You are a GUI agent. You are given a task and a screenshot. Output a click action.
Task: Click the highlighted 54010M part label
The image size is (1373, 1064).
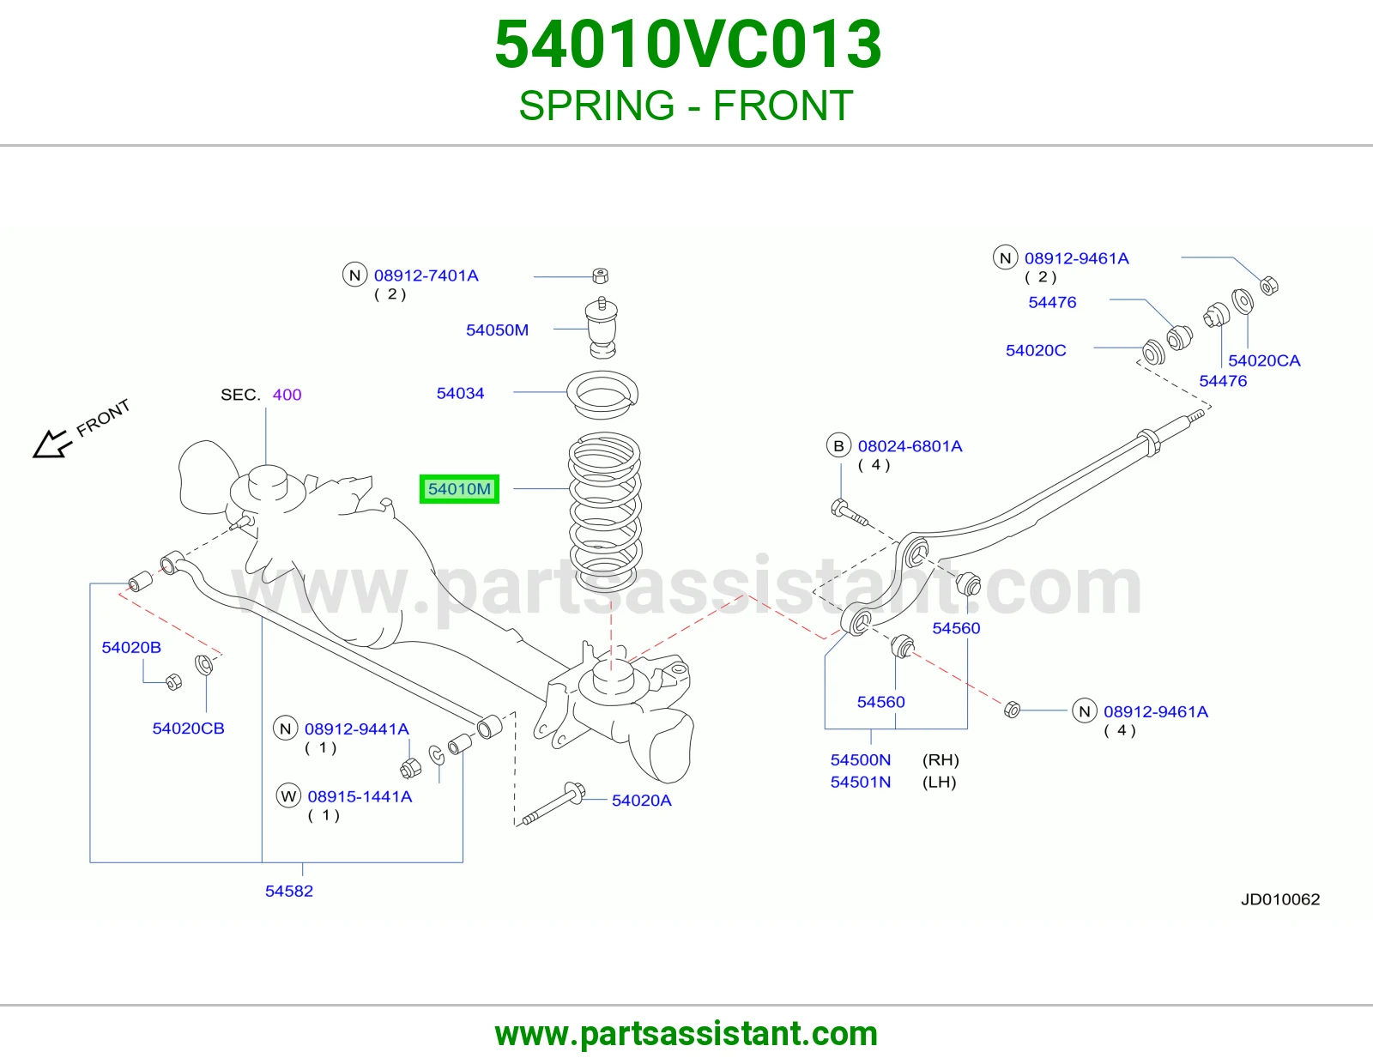tap(459, 489)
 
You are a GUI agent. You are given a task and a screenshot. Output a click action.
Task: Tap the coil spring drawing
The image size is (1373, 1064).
tap(605, 511)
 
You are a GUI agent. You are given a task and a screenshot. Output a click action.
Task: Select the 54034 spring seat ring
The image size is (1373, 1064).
tap(602, 394)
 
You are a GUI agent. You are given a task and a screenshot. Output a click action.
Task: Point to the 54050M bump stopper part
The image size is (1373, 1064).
tap(602, 328)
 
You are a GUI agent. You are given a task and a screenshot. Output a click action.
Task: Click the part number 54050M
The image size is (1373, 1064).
tap(497, 329)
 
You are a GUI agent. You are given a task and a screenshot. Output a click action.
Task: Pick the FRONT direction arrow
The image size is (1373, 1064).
tap(51, 444)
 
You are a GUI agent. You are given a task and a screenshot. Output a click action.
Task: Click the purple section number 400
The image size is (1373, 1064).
tap(287, 394)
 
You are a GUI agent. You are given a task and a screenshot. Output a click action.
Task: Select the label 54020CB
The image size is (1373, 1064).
tap(188, 728)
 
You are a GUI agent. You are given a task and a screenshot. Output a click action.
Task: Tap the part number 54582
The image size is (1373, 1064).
tap(289, 891)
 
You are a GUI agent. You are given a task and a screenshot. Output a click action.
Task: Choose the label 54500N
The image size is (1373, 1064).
tap(861, 759)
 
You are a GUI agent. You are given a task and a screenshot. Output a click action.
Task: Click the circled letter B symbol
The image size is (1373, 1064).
tap(838, 446)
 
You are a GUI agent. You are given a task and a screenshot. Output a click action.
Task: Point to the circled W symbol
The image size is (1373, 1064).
tap(288, 796)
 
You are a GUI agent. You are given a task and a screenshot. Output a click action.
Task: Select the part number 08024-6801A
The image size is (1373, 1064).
tap(910, 446)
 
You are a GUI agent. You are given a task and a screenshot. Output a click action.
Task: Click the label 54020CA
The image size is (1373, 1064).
tap(1264, 360)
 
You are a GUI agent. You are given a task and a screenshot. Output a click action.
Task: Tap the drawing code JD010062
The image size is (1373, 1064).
tap(1280, 899)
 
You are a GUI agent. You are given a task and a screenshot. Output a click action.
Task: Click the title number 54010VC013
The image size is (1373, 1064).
tap(687, 45)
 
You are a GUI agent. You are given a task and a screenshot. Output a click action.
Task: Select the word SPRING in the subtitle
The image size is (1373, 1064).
tap(597, 106)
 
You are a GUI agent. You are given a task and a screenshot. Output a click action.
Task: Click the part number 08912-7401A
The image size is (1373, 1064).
tap(426, 275)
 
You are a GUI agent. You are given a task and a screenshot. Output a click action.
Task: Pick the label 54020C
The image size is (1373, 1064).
tap(1036, 350)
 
